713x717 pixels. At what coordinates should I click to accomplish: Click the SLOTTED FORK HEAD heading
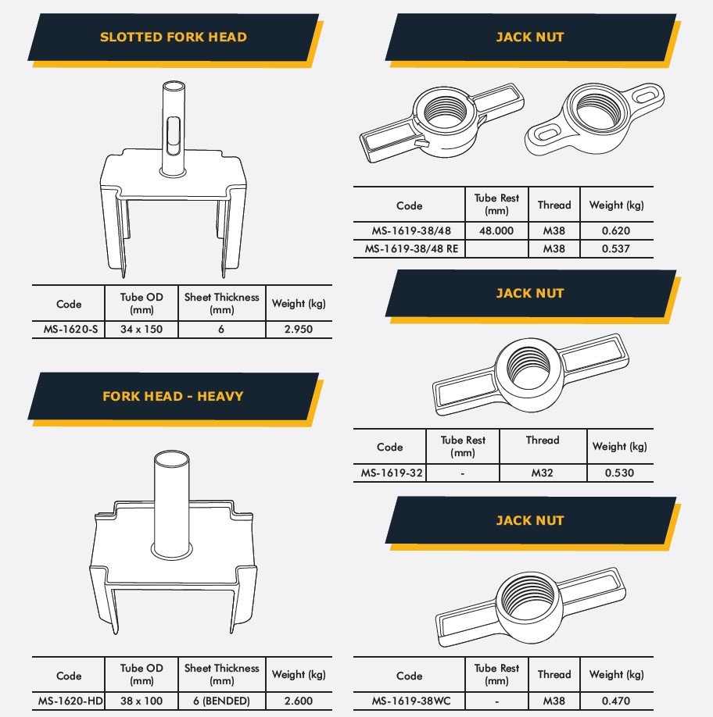[174, 37]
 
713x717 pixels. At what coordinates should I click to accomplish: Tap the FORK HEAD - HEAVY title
[173, 396]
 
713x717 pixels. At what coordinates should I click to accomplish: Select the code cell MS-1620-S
[70, 330]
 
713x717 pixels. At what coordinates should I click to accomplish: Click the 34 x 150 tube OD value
[142, 330]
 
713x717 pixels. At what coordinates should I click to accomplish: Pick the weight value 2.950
[299, 330]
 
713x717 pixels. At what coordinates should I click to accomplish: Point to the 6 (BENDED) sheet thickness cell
[221, 701]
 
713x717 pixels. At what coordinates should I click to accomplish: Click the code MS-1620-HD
[70, 701]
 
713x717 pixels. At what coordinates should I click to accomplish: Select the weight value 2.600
[299, 701]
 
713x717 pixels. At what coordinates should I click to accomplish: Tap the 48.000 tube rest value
[496, 231]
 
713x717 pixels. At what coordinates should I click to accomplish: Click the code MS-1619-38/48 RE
[411, 249]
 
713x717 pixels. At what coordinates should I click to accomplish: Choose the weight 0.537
[616, 249]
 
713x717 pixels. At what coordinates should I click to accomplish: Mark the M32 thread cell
[543, 473]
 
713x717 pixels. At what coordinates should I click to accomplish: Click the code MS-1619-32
[392, 473]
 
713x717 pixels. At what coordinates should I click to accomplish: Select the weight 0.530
[620, 473]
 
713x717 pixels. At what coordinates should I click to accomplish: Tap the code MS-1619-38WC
[411, 701]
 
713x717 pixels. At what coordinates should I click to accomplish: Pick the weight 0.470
[616, 701]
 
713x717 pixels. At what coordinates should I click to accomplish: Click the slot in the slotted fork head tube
[174, 136]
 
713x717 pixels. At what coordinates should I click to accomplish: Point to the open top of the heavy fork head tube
[171, 458]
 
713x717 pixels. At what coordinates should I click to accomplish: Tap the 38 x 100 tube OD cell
[142, 701]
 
